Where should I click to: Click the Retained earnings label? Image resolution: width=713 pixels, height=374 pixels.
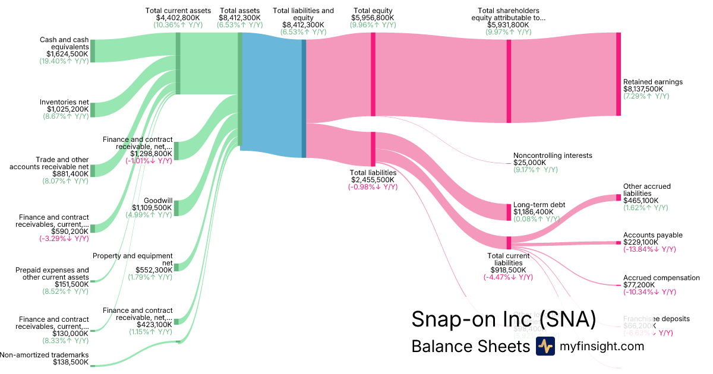[x=652, y=82]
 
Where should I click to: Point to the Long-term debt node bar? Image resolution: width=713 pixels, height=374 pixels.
[x=509, y=212]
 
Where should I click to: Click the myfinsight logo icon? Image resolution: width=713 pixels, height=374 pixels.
[x=545, y=346]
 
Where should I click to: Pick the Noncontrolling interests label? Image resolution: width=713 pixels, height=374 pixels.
[x=553, y=156]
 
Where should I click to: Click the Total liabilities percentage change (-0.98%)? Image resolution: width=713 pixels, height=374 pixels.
[x=373, y=187]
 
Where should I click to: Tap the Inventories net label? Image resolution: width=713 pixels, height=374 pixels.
[x=64, y=102]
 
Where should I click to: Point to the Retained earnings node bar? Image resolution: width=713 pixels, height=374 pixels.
[x=618, y=74]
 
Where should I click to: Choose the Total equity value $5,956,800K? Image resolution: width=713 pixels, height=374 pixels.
[x=373, y=18]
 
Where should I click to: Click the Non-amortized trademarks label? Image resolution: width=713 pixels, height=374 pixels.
[x=45, y=355]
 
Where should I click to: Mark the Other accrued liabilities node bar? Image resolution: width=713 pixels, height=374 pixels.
[x=618, y=198]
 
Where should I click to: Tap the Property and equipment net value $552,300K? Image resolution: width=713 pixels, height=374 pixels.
[x=154, y=270]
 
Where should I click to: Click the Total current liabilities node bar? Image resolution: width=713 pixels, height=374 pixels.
[x=509, y=242]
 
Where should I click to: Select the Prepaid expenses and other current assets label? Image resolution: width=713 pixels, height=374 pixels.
[x=52, y=274]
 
